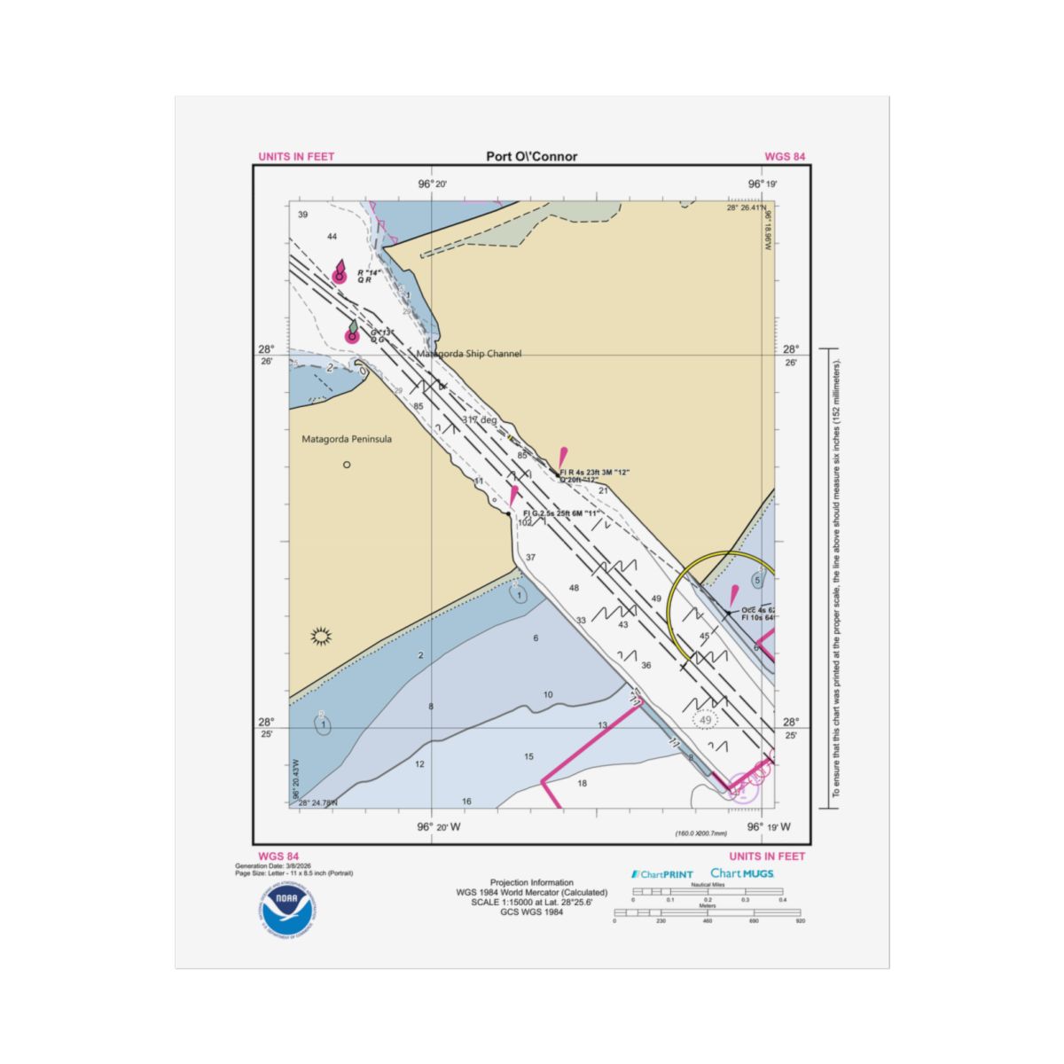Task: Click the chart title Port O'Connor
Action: [x=531, y=157]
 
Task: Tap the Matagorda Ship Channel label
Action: [x=469, y=354]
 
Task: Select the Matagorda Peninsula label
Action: [x=347, y=439]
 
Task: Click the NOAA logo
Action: [x=286, y=908]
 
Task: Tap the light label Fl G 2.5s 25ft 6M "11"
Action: [x=562, y=513]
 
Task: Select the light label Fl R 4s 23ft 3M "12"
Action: [x=594, y=473]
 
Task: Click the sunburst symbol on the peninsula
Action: [x=322, y=635]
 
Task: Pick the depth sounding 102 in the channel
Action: [x=525, y=523]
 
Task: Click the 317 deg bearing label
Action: [x=480, y=419]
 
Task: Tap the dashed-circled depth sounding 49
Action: [x=706, y=720]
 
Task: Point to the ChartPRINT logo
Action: [x=662, y=874]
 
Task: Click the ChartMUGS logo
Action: [x=742, y=873]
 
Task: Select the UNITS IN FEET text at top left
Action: [x=296, y=157]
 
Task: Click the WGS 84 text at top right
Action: [x=785, y=157]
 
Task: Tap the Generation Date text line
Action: [x=273, y=865]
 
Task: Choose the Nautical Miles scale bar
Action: [x=707, y=891]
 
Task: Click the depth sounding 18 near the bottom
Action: [x=583, y=783]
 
